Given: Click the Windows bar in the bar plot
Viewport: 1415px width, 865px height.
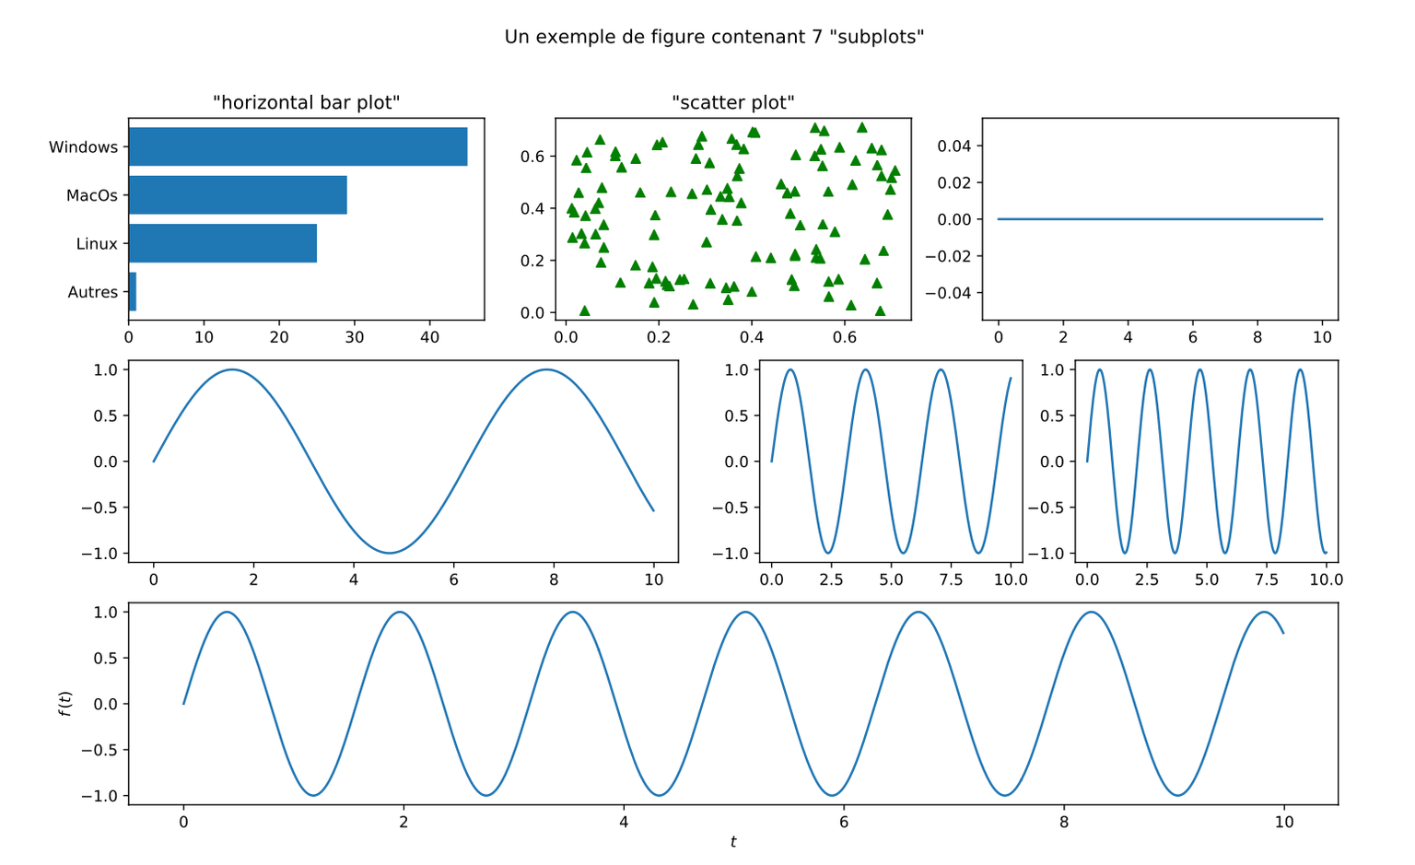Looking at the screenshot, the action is pyautogui.click(x=298, y=146).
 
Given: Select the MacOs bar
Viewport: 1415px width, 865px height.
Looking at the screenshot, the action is pyautogui.click(x=239, y=195).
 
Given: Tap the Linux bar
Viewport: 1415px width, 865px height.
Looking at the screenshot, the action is pyautogui.click(x=223, y=243).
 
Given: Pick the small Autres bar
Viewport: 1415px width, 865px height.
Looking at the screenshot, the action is pyautogui.click(x=133, y=292).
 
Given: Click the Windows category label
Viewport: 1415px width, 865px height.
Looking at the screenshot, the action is pyautogui.click(x=84, y=147).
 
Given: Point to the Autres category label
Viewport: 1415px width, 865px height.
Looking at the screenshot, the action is pyautogui.click(x=93, y=293).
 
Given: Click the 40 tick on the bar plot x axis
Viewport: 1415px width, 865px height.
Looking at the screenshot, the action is pyautogui.click(x=429, y=337).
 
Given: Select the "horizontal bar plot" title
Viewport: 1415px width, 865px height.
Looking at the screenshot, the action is pyautogui.click(x=307, y=102).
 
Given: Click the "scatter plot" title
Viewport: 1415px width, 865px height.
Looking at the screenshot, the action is pyautogui.click(x=732, y=102).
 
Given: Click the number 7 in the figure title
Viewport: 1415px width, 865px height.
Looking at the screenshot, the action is pyautogui.click(x=818, y=37).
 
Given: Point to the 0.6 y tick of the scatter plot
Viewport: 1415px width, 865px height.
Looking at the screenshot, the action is pyautogui.click(x=532, y=157).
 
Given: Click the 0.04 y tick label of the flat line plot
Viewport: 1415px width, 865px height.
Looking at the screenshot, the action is pyautogui.click(x=954, y=146).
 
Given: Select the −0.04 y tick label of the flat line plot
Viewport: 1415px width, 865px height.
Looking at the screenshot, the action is pyautogui.click(x=950, y=293).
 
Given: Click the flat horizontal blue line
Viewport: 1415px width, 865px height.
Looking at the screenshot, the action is pyautogui.click(x=1161, y=219).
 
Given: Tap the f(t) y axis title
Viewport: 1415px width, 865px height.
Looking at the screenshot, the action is pyautogui.click(x=65, y=704).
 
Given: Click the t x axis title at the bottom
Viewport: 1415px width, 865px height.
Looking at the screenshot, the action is pyautogui.click(x=733, y=842).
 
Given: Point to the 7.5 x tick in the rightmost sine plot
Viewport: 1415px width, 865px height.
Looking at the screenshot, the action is pyautogui.click(x=1267, y=580).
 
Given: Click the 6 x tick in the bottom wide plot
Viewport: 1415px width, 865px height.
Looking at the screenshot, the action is pyautogui.click(x=844, y=822).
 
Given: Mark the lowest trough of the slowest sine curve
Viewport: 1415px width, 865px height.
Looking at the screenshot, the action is pyautogui.click(x=390, y=553).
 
